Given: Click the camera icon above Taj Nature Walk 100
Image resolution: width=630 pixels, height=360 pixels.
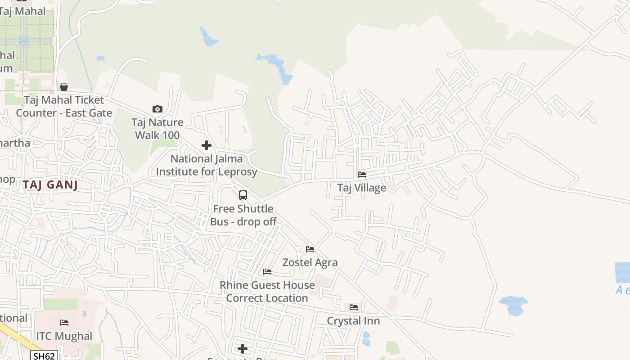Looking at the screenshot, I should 157,109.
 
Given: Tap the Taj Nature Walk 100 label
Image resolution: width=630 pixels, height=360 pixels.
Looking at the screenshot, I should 157,129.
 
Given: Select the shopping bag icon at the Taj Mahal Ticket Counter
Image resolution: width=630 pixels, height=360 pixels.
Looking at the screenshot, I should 64,87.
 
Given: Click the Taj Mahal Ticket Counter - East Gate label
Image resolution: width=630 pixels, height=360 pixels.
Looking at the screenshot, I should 64,106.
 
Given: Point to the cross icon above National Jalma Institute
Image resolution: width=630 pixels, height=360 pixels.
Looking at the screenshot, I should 207,145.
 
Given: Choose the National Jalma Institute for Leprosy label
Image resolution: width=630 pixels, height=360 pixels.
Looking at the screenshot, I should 207,165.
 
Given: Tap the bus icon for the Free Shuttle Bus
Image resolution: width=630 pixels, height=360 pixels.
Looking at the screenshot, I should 243,195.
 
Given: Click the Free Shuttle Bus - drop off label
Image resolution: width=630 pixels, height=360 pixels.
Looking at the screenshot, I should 243,215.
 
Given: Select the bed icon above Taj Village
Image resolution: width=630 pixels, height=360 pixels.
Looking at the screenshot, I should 362,175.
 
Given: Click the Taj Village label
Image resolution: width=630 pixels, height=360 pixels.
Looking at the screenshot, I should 362,188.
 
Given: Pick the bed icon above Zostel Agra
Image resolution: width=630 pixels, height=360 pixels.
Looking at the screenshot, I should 310,249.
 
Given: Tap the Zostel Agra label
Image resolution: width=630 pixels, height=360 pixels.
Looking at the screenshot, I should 310,262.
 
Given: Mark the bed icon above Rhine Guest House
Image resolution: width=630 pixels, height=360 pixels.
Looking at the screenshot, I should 267,272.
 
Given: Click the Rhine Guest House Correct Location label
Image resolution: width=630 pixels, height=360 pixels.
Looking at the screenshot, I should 267,292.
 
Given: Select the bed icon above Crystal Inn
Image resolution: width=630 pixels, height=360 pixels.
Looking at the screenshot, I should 354,307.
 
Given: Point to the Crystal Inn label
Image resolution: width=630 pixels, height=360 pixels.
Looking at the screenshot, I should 353,321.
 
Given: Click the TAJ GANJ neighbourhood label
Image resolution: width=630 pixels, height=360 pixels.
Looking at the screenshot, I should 50,184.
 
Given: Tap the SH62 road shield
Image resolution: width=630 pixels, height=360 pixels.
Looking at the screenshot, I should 45,356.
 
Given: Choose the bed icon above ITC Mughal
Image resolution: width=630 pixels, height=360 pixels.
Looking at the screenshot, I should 64,323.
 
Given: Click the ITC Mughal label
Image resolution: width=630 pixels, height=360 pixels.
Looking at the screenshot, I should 64,336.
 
